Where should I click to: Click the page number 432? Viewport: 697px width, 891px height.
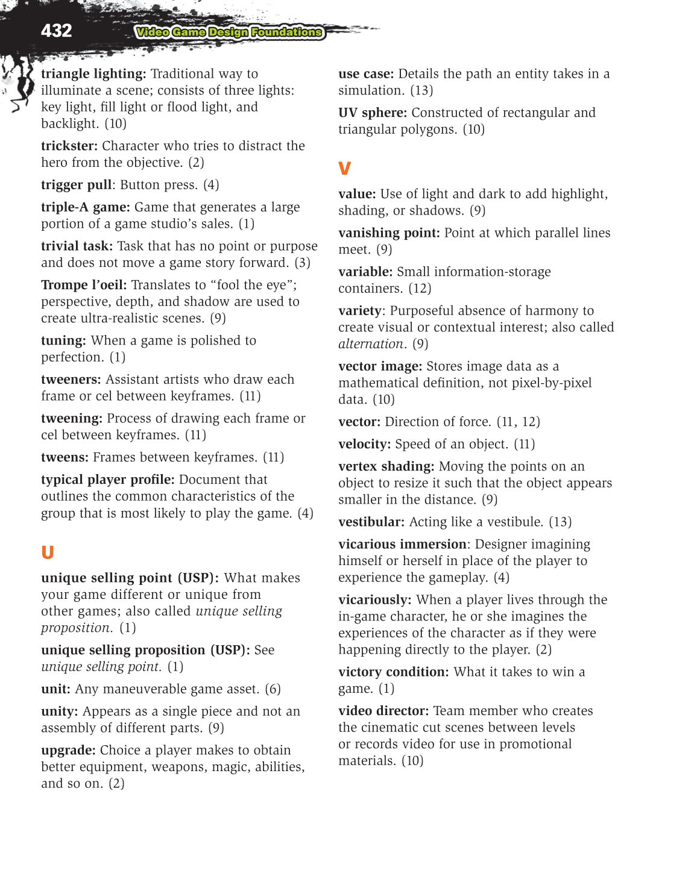click(x=56, y=31)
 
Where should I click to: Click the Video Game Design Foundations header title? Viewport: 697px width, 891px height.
click(x=229, y=33)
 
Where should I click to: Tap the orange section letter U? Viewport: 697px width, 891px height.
click(x=48, y=552)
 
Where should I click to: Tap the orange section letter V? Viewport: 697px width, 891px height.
click(x=344, y=169)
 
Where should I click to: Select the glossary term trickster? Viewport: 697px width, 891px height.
click(x=69, y=146)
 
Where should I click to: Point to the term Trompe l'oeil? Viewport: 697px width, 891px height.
click(x=84, y=285)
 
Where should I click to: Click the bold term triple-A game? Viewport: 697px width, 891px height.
click(x=85, y=207)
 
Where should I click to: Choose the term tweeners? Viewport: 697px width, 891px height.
click(x=71, y=380)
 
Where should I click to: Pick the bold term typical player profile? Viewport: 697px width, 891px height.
click(x=107, y=480)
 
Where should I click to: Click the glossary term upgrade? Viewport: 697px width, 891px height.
click(x=68, y=751)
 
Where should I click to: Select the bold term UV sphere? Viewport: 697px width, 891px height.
click(x=372, y=113)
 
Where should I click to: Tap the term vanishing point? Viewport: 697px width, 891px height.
click(x=389, y=233)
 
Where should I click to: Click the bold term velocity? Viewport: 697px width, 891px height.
click(x=364, y=445)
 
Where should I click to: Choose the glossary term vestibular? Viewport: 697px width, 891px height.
click(x=371, y=522)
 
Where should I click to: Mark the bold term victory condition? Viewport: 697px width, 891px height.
click(x=393, y=672)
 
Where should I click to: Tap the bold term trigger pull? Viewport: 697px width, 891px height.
click(x=76, y=185)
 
